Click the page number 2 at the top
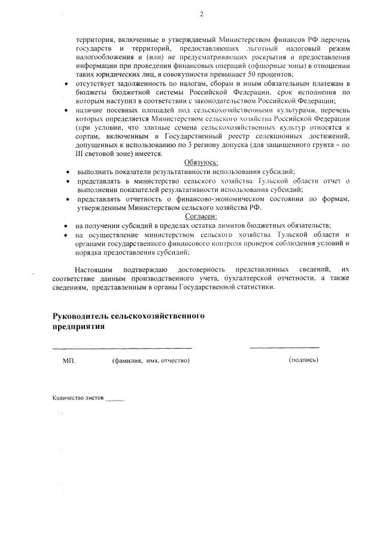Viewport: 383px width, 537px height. [201, 14]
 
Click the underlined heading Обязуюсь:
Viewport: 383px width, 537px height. [201, 162]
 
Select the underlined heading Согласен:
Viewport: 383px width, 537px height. [201, 216]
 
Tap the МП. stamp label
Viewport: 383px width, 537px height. [69, 361]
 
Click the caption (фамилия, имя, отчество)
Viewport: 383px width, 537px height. [151, 361]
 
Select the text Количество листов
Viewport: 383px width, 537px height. [78, 397]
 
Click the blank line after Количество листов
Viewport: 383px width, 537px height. [114, 399]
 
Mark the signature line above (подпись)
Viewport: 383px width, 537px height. [284, 347]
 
